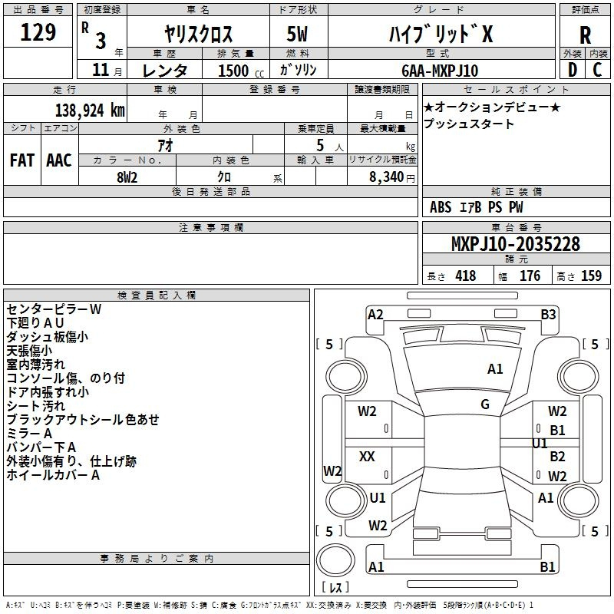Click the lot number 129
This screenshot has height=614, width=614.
point(38,33)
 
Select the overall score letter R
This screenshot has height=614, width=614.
point(585,35)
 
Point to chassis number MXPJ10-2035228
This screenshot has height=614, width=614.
point(515,245)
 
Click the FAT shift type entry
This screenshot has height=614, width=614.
point(21,160)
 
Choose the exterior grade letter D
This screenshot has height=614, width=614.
point(572,70)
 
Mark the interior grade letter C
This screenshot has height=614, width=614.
point(597,70)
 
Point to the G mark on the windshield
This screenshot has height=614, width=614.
point(485,404)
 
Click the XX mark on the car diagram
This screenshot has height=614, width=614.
point(367,457)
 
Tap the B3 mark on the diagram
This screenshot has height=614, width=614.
point(548,314)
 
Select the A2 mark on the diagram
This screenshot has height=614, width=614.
point(375,314)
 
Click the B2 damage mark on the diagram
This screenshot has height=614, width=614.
point(558,457)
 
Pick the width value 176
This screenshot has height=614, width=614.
point(530,276)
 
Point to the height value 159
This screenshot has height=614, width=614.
point(591,276)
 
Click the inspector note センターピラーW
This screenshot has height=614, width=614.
point(54,309)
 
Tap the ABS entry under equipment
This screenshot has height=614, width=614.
point(441,207)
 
